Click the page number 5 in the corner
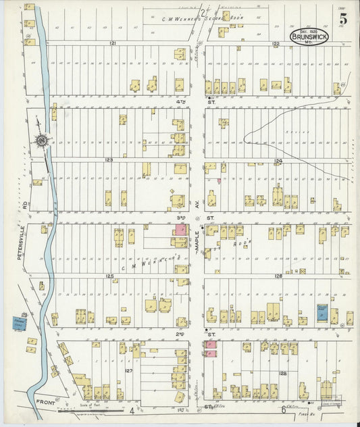pos(345,13)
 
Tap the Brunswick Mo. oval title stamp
pos(309,37)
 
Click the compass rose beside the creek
pos(42,140)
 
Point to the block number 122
pos(276,43)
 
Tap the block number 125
pos(109,276)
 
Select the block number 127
pos(129,370)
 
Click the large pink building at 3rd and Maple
pos(181,230)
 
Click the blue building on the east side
pos(322,313)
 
